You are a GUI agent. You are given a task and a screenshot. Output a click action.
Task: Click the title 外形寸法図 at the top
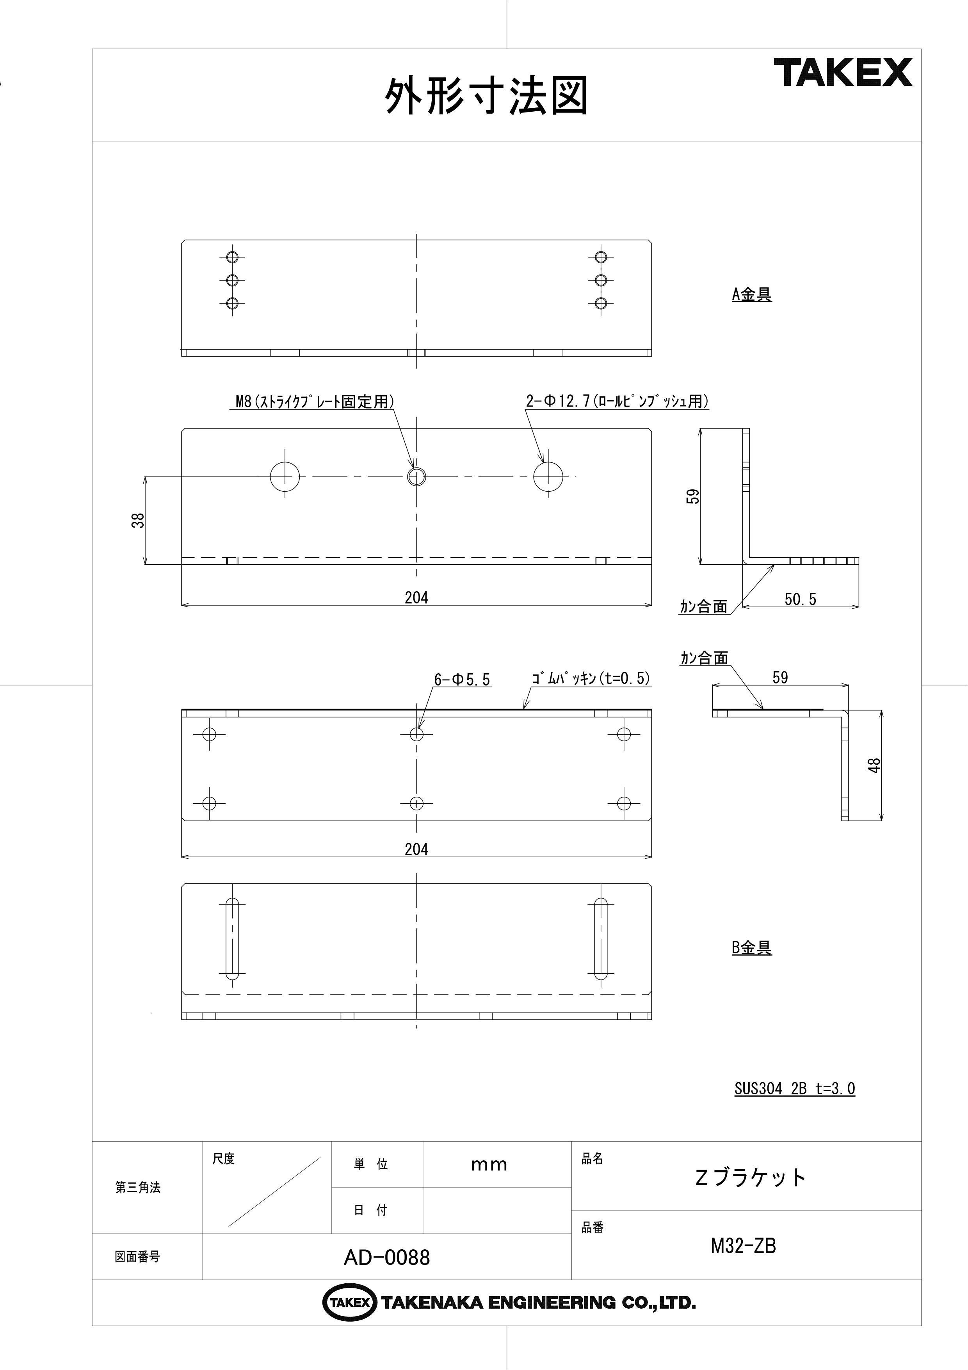click(x=486, y=95)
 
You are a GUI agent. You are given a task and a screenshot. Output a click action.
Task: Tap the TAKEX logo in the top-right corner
click(x=843, y=72)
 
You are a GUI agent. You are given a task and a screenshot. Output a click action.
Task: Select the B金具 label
click(x=751, y=947)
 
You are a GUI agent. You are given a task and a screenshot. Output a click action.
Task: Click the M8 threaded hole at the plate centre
click(x=416, y=476)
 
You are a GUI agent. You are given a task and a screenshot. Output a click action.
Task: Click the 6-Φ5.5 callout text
click(x=462, y=679)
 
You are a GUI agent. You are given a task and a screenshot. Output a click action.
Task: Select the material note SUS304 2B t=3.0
click(x=794, y=1089)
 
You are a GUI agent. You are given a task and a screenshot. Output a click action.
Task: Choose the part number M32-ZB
click(x=743, y=1246)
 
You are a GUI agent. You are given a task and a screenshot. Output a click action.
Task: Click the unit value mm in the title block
click(x=489, y=1165)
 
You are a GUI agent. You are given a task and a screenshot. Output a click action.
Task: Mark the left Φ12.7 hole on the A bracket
click(x=285, y=476)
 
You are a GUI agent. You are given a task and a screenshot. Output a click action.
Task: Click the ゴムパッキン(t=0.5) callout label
click(x=591, y=678)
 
